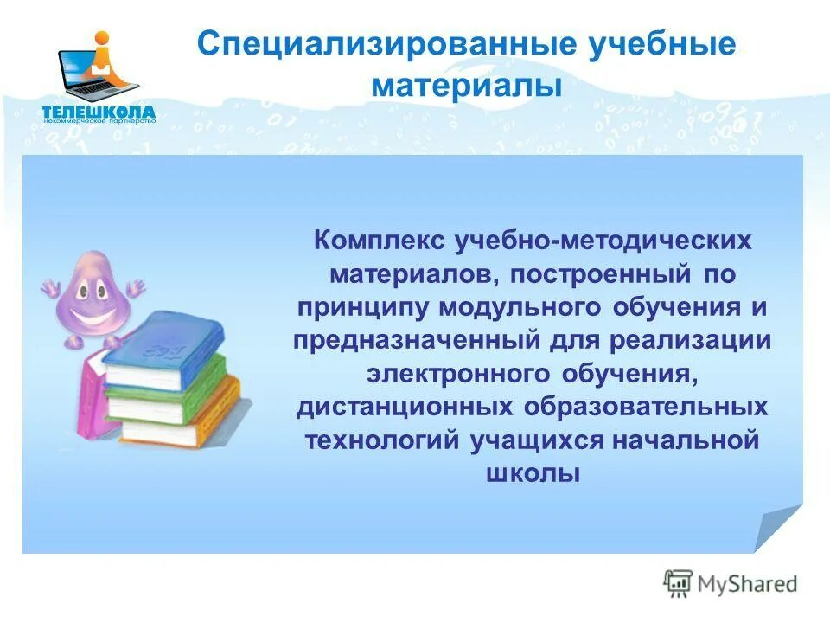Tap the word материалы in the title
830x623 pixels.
coord(467,86)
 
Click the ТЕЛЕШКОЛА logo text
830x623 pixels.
coord(99,111)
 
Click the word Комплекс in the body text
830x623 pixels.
coord(381,240)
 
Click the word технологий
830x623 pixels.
coord(382,440)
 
